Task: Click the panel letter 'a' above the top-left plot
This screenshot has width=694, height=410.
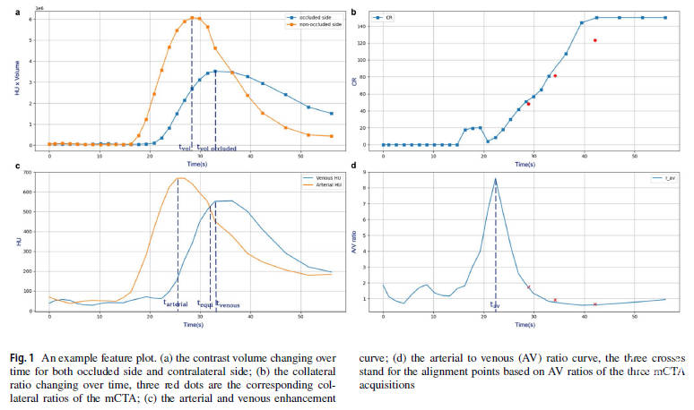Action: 6,10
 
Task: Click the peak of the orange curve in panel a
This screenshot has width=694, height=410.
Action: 192,17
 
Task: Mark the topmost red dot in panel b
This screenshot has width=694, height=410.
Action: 594,40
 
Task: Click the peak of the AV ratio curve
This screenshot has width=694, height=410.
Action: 495,179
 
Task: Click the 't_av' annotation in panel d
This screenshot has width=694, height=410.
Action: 494,304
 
